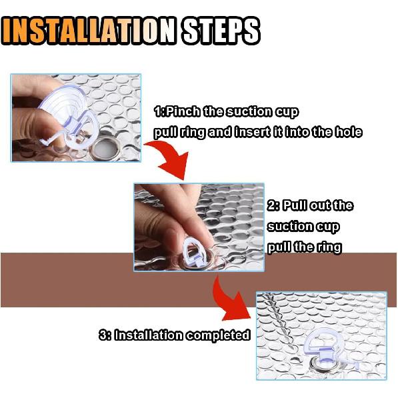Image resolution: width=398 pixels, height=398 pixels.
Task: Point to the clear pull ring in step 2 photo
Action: [197, 246]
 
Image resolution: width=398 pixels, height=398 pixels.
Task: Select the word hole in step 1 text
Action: [348, 132]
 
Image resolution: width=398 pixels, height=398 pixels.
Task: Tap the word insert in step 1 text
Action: [252, 132]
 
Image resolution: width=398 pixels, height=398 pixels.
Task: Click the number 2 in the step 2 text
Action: [271, 205]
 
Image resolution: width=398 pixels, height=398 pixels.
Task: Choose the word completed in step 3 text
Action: [218, 335]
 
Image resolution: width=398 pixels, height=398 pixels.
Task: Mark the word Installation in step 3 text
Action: [149, 335]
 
